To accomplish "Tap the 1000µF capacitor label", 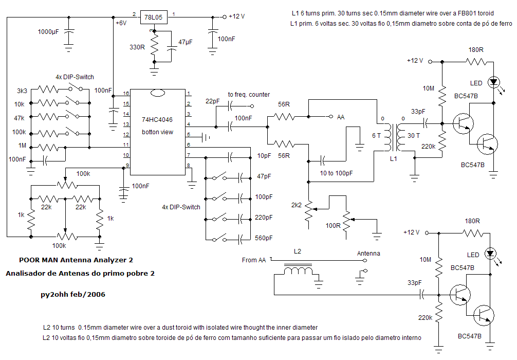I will point(48,31).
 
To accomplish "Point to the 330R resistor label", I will point(137,47).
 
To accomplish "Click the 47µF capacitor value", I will point(186,41).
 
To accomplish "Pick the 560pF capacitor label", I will point(264,238).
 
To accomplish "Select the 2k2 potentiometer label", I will point(296,205).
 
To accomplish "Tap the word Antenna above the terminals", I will point(368,253).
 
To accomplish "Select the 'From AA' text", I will point(254,260).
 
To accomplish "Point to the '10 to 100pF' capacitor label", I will point(337,173).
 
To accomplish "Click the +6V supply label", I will point(121,23).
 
